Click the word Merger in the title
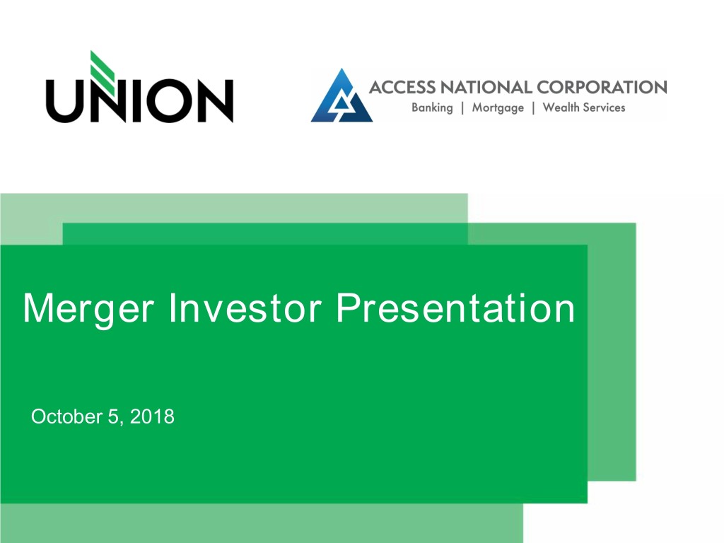(x=88, y=309)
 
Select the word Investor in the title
(x=245, y=308)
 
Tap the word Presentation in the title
(x=455, y=308)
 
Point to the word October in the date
(x=66, y=416)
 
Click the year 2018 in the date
(x=152, y=416)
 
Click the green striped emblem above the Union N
(x=103, y=72)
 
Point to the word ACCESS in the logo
(x=402, y=87)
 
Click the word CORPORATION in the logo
(x=602, y=87)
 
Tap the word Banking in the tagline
(x=432, y=108)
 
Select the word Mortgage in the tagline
(x=498, y=108)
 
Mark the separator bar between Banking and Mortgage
(x=462, y=108)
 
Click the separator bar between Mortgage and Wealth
(x=533, y=108)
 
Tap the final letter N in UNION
(x=216, y=101)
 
